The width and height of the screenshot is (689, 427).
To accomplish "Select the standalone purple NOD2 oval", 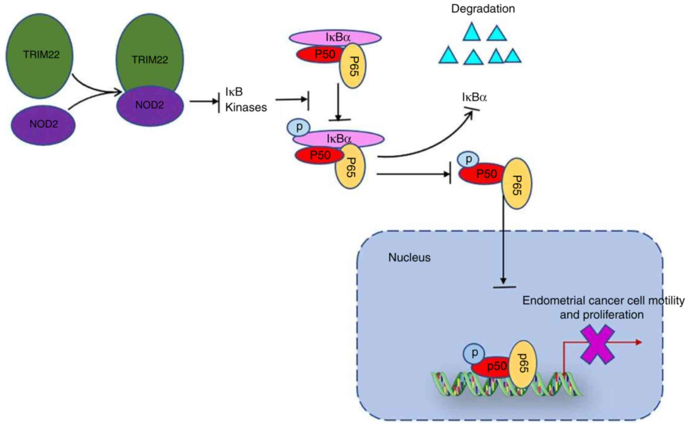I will [x=43, y=125].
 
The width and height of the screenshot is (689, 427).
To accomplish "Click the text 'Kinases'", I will [x=246, y=108].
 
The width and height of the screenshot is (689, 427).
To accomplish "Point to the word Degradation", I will [x=483, y=9].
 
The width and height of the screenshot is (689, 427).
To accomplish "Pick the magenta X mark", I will [x=597, y=344].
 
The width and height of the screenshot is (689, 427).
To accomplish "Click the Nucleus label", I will [x=409, y=258].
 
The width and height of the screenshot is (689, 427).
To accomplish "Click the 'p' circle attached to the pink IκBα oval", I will [x=299, y=128].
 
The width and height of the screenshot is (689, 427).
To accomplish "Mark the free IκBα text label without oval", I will [x=474, y=98].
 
